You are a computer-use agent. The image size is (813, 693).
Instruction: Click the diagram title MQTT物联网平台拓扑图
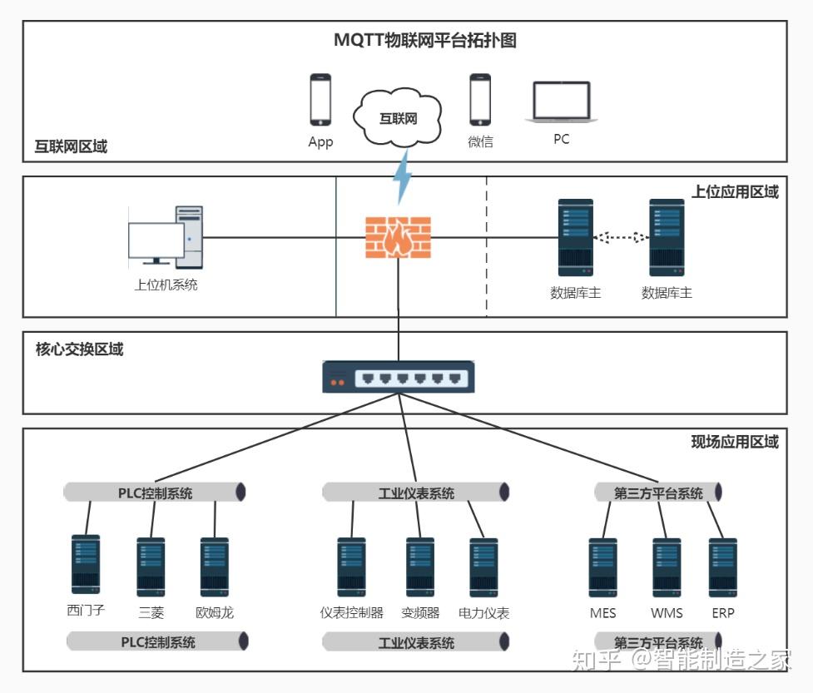424,41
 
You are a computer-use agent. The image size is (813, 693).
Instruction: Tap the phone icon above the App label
320,100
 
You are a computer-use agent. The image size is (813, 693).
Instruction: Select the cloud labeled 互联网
397,117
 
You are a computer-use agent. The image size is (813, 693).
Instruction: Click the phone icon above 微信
480,100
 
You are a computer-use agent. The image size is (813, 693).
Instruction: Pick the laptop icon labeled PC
562,102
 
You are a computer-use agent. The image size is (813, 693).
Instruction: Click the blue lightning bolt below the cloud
403,176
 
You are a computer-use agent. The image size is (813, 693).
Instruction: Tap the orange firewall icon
399,237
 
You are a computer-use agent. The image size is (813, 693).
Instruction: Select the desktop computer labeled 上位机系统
166,237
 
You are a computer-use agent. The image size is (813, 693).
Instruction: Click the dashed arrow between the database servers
621,238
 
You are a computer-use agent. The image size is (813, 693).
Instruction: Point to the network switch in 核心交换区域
399,377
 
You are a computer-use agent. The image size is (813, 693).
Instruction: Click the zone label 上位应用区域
735,192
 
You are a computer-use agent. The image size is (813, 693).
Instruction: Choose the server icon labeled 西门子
86,564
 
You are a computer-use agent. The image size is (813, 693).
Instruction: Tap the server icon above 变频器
420,567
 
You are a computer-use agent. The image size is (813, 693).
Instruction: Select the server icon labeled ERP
723,567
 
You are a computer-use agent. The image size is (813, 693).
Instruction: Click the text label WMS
667,613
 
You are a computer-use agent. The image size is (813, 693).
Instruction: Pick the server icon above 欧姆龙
215,567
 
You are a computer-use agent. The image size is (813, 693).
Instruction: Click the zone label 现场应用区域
735,442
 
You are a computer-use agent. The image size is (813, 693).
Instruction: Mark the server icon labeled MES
603,567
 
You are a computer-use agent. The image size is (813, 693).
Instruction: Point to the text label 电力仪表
483,613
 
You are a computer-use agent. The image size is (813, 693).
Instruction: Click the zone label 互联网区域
71,146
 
